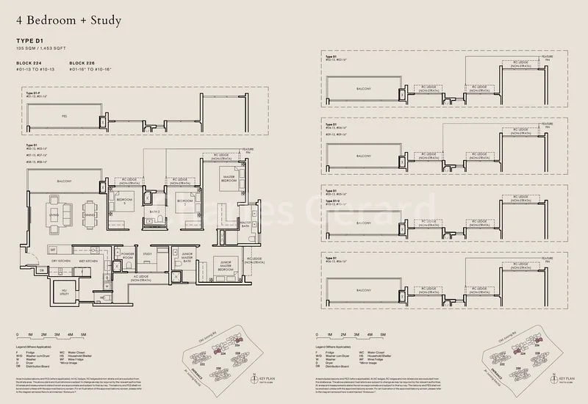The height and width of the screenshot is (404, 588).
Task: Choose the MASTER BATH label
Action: [245, 224]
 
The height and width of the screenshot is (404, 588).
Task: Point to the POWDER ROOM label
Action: [127, 258]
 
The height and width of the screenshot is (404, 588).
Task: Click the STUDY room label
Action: [147, 255]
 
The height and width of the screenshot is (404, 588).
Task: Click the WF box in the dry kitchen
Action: [53, 249]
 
